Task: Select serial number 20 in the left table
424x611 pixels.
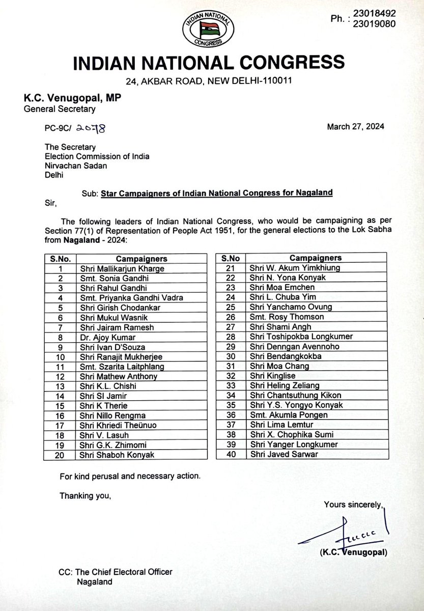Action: pos(60,455)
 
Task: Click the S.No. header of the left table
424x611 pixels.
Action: pos(60,259)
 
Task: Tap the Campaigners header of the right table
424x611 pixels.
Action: pos(316,258)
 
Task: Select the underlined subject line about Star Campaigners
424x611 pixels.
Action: pos(216,193)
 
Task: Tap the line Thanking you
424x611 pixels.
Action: pos(84,495)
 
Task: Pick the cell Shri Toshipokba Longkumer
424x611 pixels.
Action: pos(300,337)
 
